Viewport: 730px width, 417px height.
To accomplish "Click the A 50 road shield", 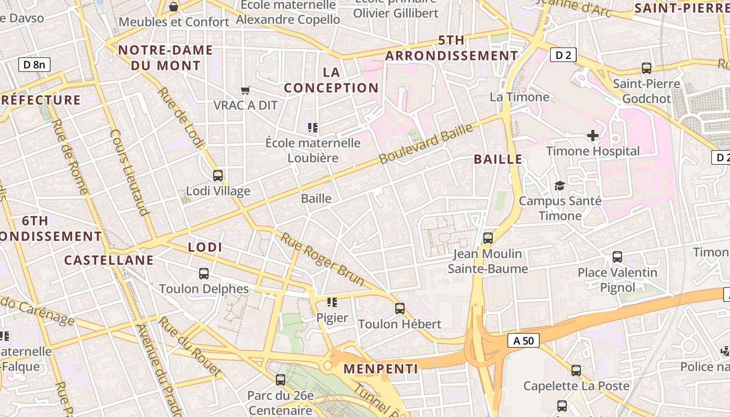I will coord(524,340).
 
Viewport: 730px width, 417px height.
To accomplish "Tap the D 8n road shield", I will coord(34,65).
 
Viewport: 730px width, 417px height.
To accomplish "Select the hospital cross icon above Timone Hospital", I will coord(593,136).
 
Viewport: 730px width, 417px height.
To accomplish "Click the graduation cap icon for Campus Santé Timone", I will coord(559,186).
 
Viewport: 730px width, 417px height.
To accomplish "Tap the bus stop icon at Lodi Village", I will coord(218,176).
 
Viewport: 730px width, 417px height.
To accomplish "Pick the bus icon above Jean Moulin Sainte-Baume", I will coord(488,238).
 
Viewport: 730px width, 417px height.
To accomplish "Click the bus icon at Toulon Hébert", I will coord(399,309).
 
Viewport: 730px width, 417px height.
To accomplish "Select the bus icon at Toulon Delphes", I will coord(204,273).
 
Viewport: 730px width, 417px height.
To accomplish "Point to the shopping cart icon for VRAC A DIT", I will coord(246,90).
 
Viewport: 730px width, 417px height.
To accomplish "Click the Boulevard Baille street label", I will coord(427,143).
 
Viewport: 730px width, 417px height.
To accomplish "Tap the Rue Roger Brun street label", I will coord(323,259).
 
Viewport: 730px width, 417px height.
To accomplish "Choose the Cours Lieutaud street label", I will coord(130,172).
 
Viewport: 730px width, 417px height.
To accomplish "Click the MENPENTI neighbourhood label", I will coord(381,369).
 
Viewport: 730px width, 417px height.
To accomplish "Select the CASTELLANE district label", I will coord(109,260).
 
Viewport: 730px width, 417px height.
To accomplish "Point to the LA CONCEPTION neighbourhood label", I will coord(331,80).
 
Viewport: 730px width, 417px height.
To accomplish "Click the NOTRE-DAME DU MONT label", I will coord(166,58).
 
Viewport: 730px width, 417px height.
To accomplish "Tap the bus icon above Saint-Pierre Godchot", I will coord(647,68).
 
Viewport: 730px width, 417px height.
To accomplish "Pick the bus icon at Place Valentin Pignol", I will coord(617,257).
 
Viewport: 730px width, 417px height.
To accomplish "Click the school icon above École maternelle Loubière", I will coord(313,127).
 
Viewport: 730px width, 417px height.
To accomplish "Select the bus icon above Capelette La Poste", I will coord(576,371).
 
